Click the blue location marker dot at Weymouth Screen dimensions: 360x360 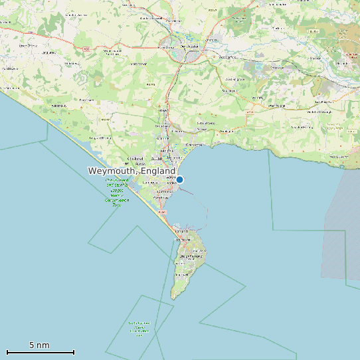point(179,179)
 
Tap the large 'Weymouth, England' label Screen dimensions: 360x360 point(132,171)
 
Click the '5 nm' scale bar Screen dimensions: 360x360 point(40,351)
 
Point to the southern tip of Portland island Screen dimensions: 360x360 point(174,298)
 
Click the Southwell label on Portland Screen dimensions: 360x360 point(181,274)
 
